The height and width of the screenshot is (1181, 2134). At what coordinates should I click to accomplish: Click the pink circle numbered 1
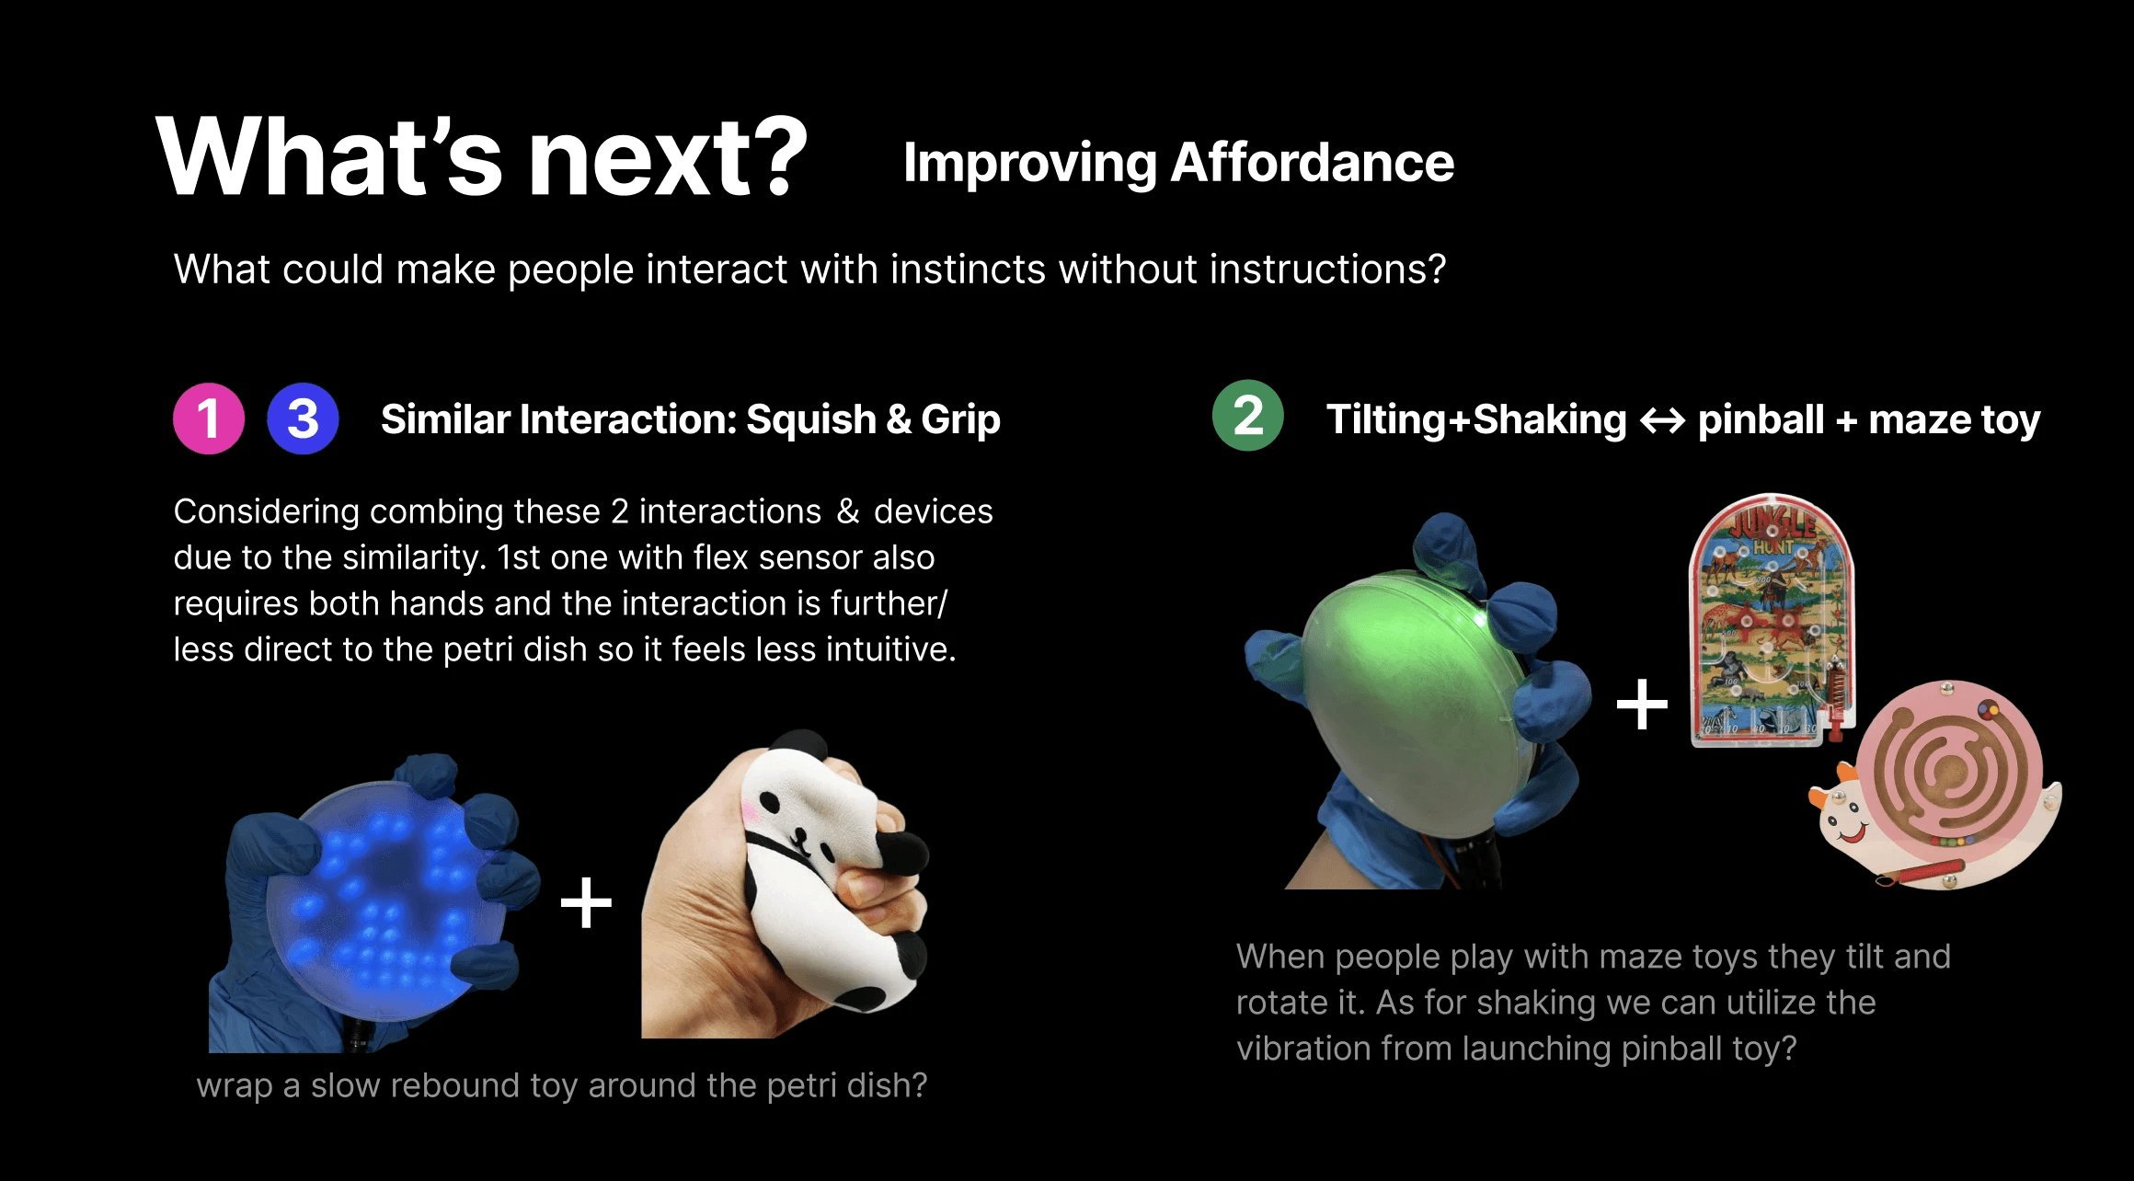tap(209, 419)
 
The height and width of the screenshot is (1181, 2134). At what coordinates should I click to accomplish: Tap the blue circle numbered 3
tap(303, 419)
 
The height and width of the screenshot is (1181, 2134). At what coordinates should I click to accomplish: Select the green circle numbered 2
tap(1247, 416)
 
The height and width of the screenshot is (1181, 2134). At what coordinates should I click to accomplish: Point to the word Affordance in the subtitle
tap(1313, 163)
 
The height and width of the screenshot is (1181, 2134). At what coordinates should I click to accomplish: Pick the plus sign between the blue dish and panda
tap(586, 902)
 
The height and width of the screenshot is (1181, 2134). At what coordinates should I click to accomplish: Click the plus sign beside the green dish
tap(1642, 705)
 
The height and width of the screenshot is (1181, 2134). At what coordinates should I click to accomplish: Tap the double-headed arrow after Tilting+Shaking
tap(1662, 421)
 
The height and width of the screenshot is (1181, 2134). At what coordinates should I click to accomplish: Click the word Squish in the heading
tap(810, 419)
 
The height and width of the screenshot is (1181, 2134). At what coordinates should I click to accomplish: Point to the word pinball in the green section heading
tap(1761, 420)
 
